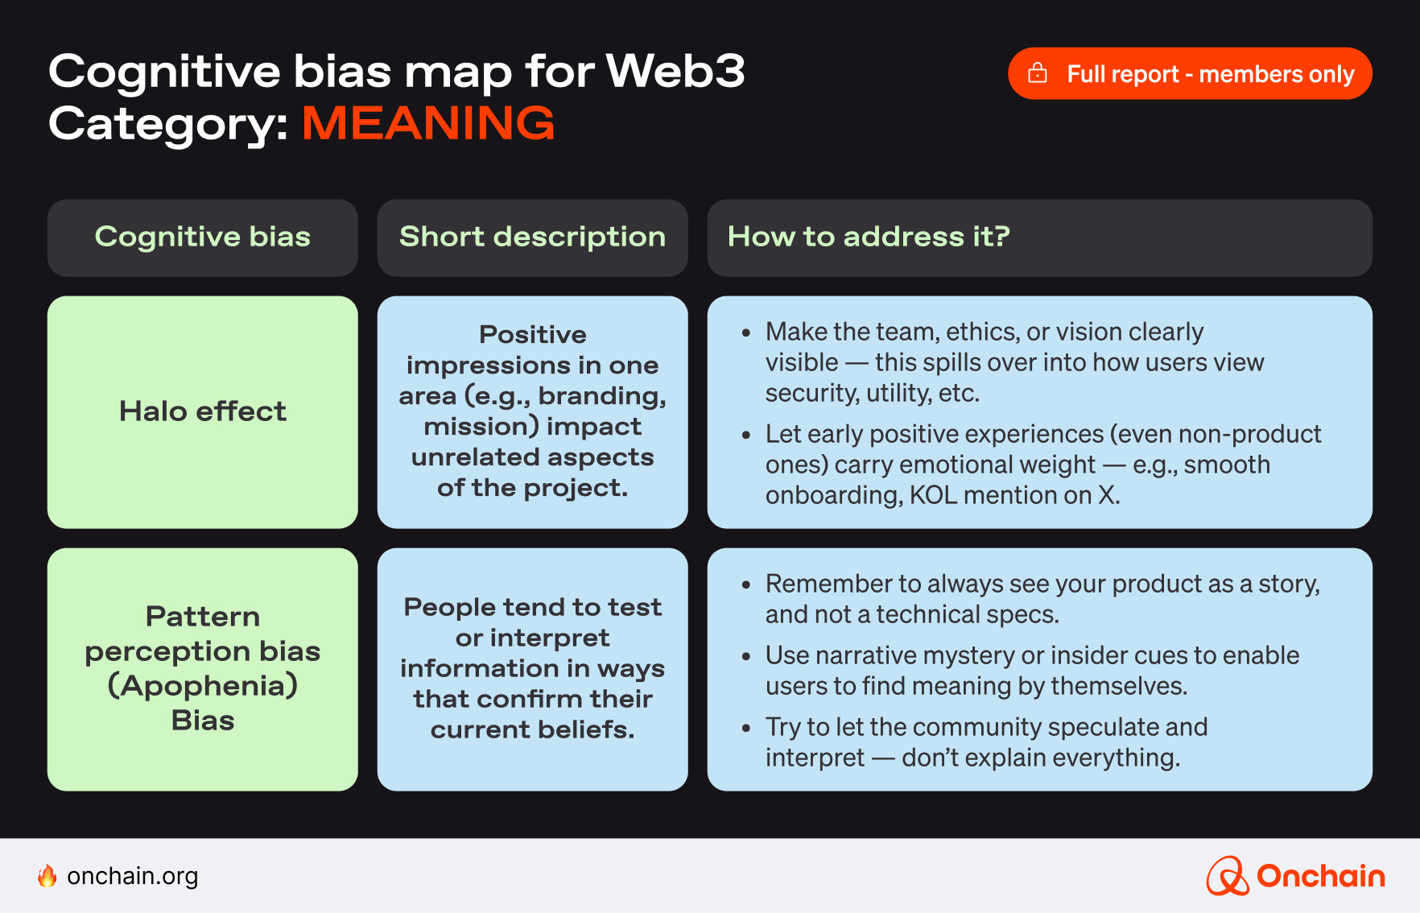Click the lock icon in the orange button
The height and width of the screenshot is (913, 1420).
[1038, 73]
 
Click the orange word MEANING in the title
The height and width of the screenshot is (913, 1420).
[428, 123]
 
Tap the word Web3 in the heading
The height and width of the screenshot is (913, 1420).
[675, 71]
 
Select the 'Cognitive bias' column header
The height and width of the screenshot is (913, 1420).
[202, 237]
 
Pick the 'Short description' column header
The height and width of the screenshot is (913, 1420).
[532, 237]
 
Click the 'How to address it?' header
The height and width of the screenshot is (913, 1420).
[868, 237]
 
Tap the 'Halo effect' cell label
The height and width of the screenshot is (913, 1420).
[202, 411]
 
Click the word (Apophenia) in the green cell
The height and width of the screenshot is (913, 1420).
[202, 686]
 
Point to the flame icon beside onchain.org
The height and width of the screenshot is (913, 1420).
[47, 876]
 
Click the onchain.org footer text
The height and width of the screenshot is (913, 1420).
[133, 876]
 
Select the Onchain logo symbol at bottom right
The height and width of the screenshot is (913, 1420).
[1227, 876]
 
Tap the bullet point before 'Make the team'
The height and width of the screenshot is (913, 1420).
[746, 333]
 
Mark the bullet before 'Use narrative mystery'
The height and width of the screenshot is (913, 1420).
[746, 657]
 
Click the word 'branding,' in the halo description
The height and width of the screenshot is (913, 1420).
[602, 396]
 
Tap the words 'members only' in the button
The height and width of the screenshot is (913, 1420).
[1277, 74]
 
